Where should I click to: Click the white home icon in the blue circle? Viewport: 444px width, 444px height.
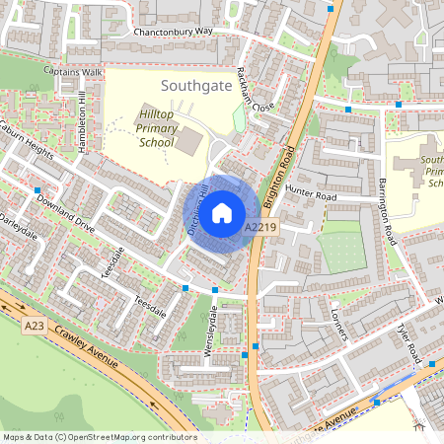pos(222,212)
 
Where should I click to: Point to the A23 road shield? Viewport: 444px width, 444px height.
pos(36,325)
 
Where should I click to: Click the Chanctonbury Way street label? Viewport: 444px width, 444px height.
pos(174,32)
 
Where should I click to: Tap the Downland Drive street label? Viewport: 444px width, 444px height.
pos(66,213)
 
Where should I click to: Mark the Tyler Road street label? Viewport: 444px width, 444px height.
pos(408,341)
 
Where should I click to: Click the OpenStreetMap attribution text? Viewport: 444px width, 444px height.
pos(99,437)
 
